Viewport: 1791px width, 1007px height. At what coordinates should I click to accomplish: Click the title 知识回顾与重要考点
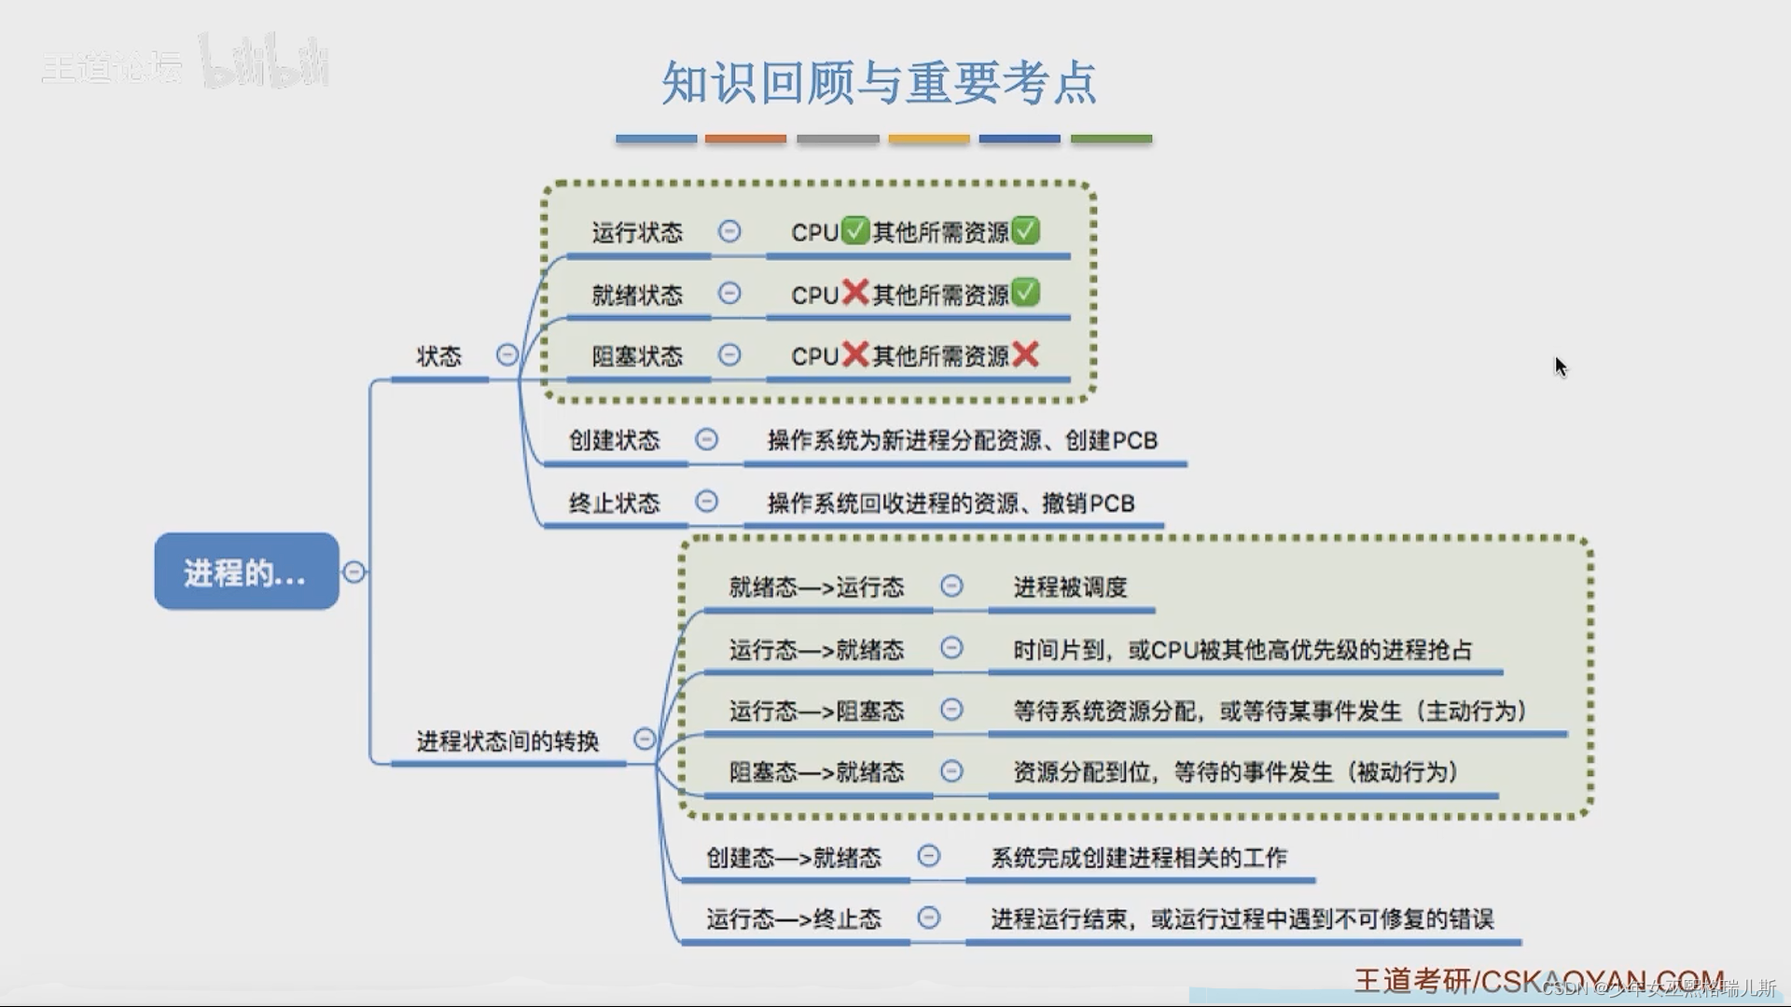coord(879,83)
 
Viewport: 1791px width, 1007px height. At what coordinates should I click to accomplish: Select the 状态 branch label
coord(438,356)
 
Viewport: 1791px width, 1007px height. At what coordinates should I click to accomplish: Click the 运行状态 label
coord(637,232)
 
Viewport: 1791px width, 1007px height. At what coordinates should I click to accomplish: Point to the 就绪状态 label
coord(637,295)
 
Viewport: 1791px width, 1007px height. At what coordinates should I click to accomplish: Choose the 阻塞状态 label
coord(637,356)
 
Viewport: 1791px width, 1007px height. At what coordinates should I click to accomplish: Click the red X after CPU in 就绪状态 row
coord(854,293)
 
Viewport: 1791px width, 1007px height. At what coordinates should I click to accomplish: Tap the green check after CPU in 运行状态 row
coord(854,230)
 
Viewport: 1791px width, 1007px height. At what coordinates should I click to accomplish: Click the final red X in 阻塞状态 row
coord(1025,354)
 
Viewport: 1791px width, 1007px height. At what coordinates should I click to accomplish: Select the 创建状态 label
coord(614,440)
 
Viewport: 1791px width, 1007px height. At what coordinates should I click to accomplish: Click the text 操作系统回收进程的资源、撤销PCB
coord(951,504)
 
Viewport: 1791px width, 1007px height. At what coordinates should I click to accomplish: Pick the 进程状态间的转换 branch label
coord(507,741)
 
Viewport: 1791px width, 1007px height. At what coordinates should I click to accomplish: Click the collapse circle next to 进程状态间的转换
coord(645,739)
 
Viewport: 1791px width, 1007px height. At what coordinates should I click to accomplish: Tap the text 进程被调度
coord(1070,587)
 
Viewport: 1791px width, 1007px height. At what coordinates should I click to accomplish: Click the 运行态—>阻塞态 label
coord(816,711)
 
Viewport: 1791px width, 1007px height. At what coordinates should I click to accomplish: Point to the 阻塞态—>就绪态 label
coord(816,772)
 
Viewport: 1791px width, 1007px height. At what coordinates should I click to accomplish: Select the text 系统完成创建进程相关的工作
coord(1138,858)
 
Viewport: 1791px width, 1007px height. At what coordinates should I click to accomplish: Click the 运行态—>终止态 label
coord(793,919)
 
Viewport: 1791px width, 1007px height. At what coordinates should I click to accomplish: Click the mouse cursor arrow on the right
coord(1561,366)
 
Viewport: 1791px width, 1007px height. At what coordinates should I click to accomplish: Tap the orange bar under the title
coord(745,139)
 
